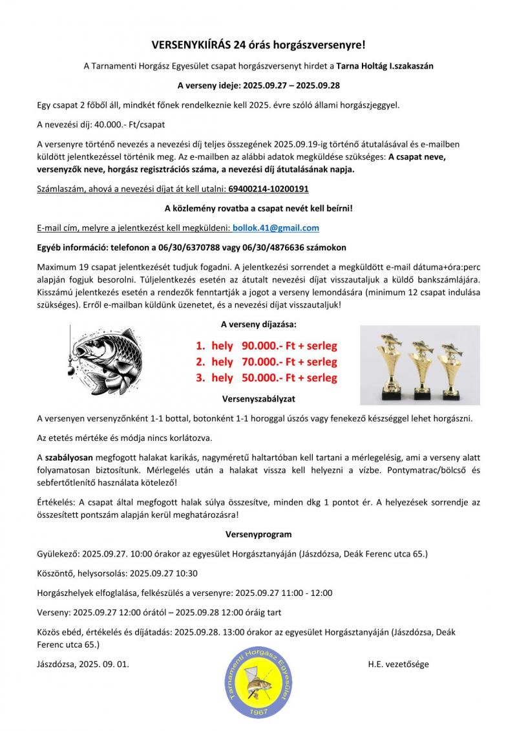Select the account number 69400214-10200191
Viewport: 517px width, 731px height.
coord(268,189)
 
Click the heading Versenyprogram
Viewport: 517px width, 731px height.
coord(258,535)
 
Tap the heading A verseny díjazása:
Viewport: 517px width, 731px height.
coord(258,324)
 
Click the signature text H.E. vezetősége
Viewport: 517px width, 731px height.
coord(398,664)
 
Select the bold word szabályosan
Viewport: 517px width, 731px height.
coord(67,457)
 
